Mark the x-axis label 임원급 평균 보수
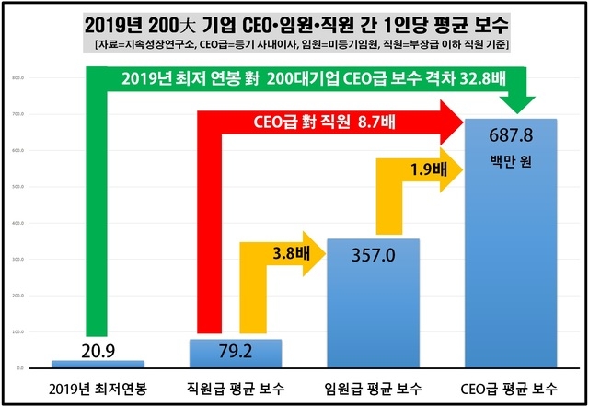click(373, 387)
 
